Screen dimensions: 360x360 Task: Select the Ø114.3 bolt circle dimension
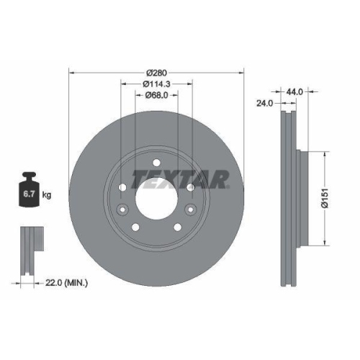coord(156,84)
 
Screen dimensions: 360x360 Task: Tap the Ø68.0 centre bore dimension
coord(156,95)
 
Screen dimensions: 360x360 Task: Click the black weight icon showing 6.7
coord(28,192)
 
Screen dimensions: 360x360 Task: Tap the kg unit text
coord(47,195)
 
